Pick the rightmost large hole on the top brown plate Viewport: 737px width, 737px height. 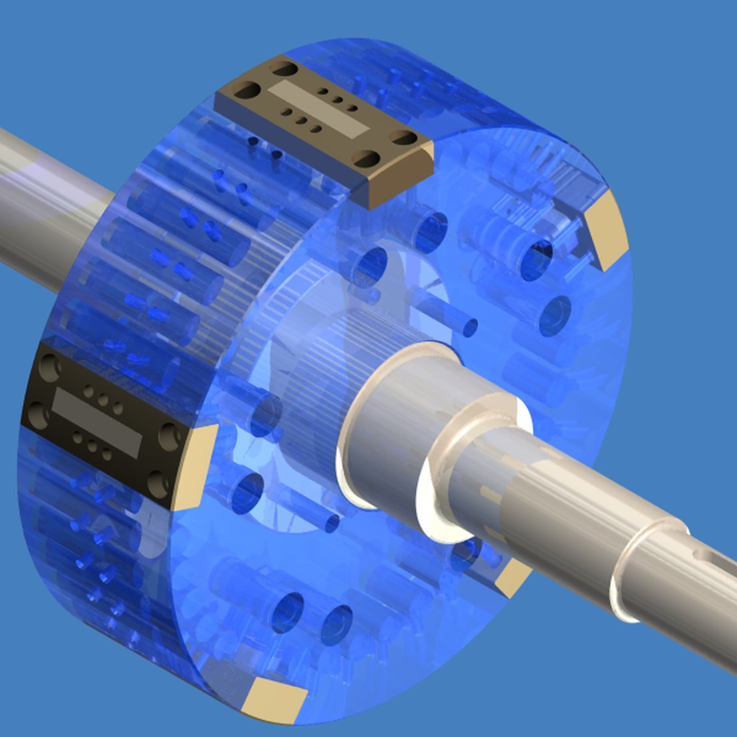[403, 138]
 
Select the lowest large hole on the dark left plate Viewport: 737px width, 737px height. [158, 481]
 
